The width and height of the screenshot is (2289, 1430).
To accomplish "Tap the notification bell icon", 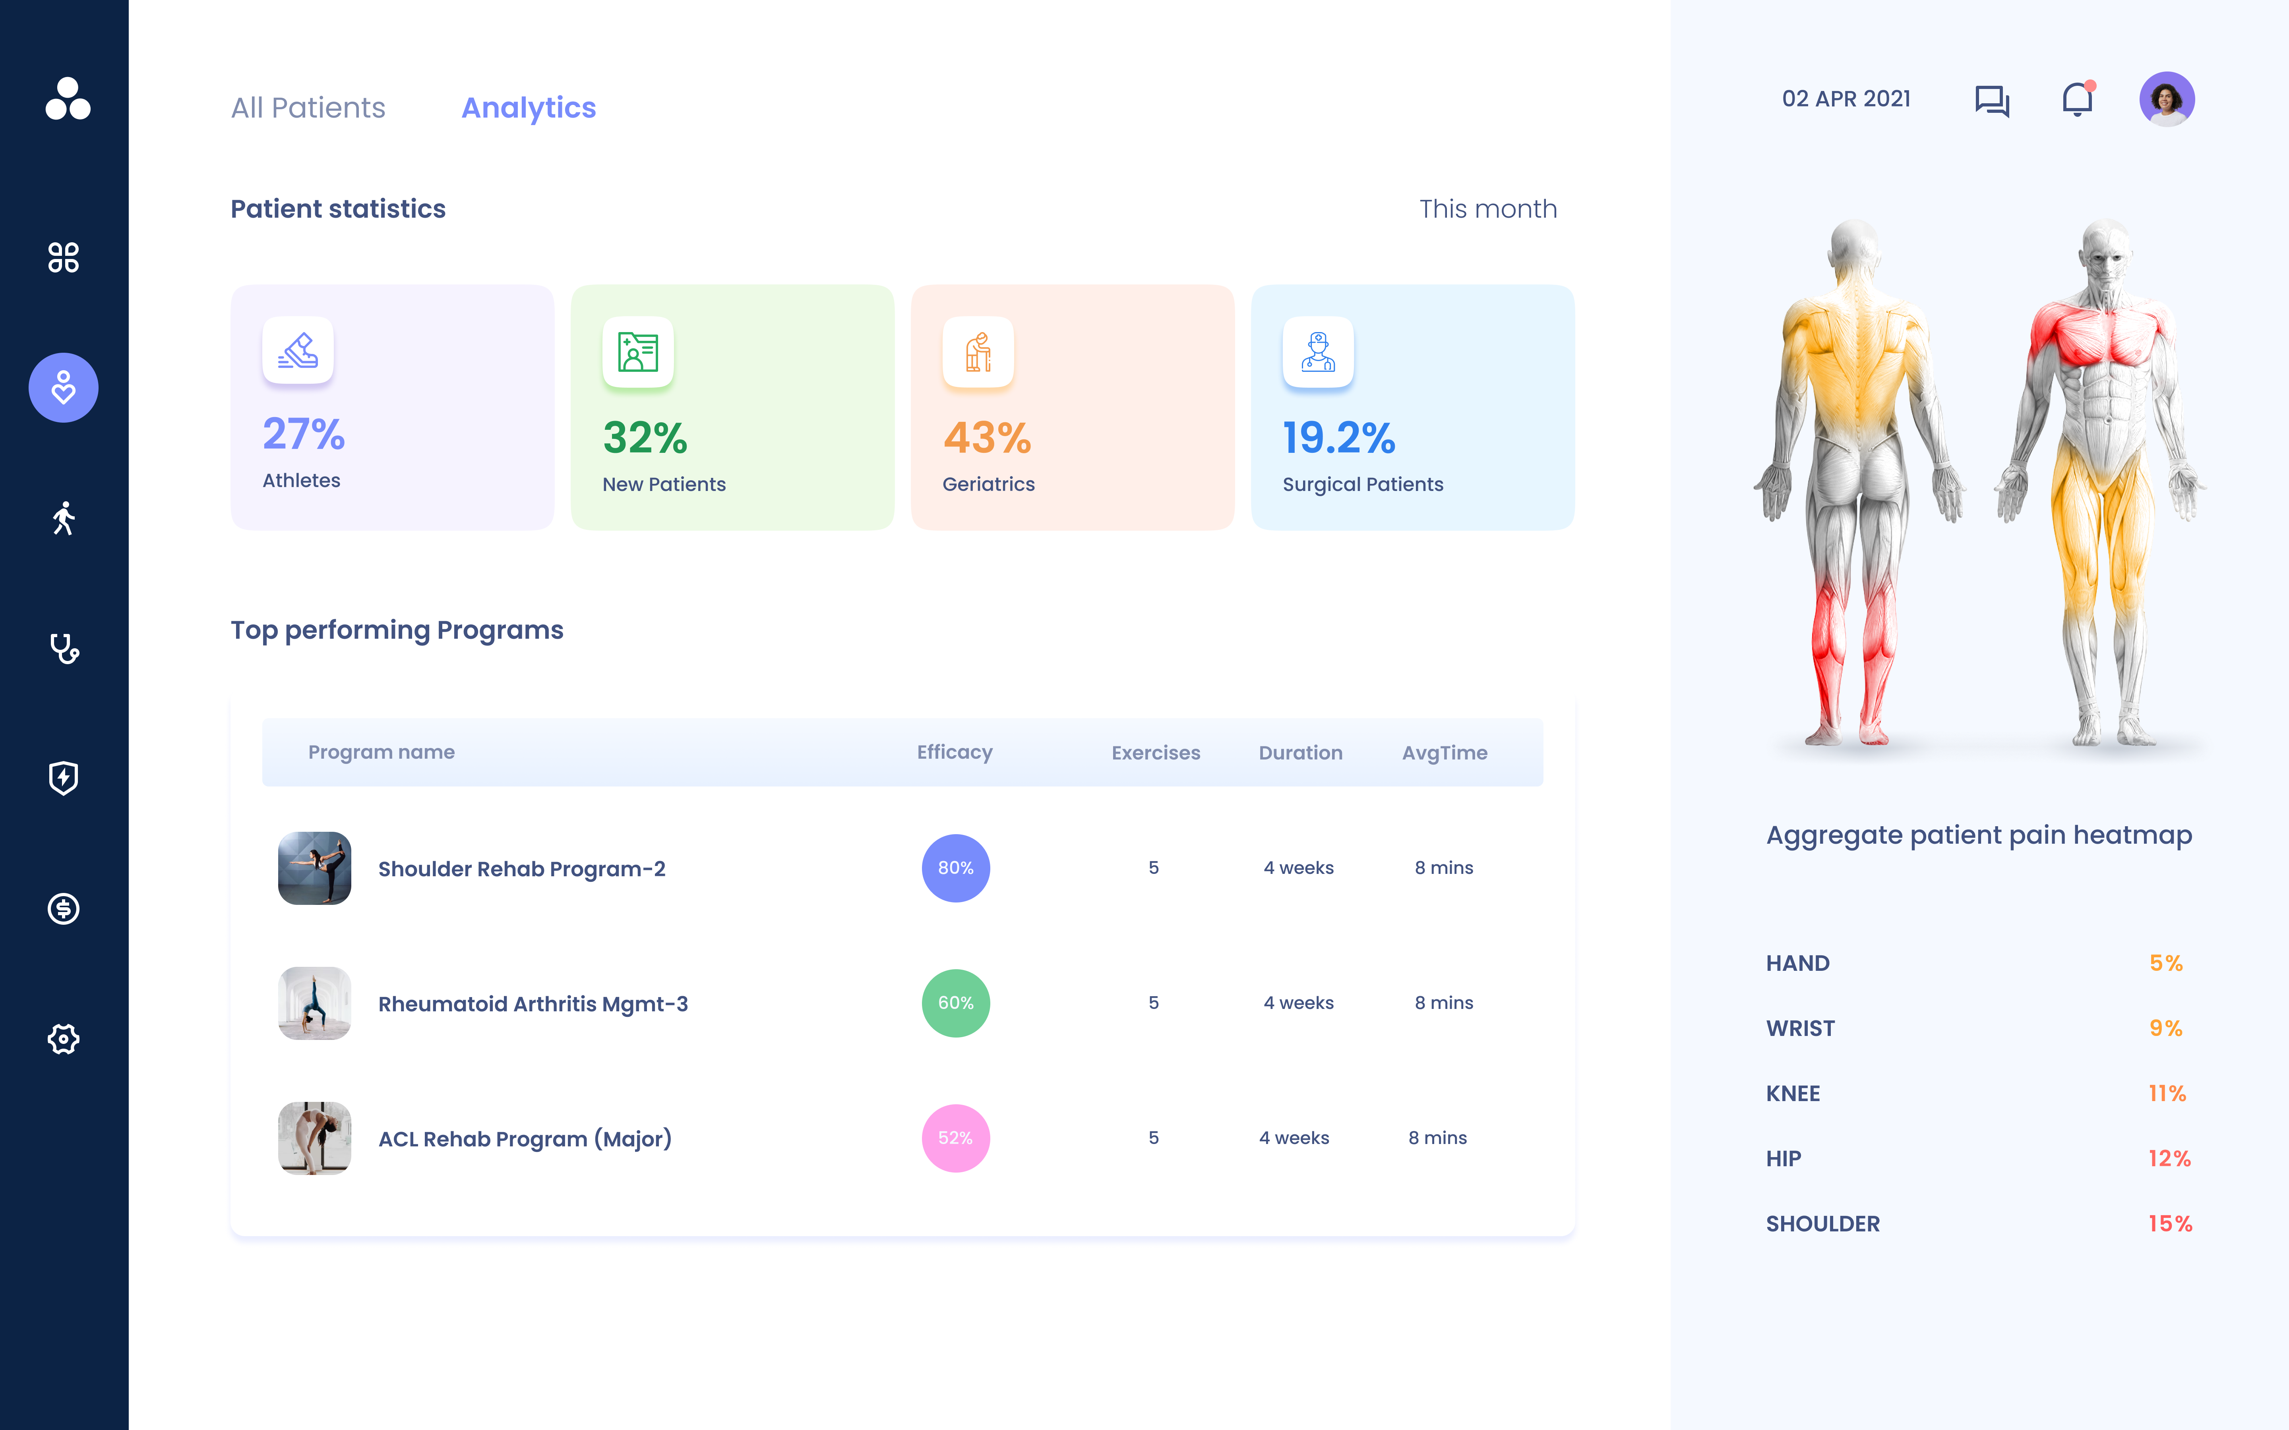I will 2077,99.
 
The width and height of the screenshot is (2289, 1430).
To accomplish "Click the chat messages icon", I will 1992,100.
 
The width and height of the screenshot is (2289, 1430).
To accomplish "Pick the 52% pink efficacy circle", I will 955,1138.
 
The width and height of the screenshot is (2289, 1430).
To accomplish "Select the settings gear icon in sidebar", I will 63,1038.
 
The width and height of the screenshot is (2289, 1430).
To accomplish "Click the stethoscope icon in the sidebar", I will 63,648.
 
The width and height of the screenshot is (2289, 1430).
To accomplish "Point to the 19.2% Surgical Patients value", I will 1338,438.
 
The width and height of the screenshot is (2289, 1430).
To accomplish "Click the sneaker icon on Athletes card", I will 298,351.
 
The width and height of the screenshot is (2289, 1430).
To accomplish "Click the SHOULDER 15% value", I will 2170,1224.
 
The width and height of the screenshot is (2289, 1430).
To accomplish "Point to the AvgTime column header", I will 1445,753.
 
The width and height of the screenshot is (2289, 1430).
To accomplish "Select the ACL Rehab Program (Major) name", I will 525,1139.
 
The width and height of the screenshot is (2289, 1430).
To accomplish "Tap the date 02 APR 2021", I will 1846,99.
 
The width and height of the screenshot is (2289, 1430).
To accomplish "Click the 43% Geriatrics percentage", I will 987,438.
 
